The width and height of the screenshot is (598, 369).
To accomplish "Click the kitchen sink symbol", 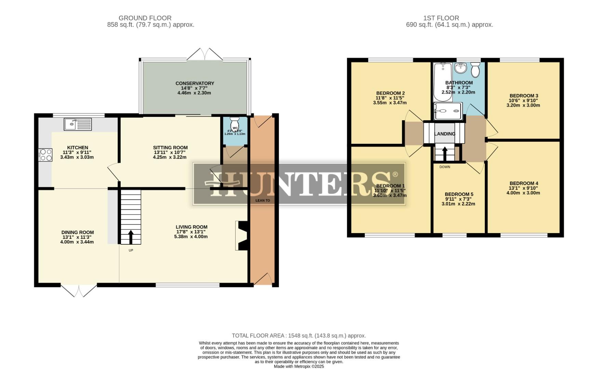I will coord(78,124).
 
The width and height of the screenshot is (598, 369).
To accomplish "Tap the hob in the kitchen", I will coord(45,155).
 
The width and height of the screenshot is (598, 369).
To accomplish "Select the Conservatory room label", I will coord(195,83).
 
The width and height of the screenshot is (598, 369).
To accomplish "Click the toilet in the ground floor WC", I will coord(235,123).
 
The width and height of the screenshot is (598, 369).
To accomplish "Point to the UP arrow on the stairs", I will coord(131,236).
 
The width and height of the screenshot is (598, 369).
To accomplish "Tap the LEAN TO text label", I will coord(263,201).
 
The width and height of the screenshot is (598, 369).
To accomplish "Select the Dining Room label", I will coord(77,232).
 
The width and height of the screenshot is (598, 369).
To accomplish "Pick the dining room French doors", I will coord(79,290).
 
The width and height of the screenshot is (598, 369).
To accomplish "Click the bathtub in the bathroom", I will coord(443,82).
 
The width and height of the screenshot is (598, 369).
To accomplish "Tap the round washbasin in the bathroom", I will coord(461,68).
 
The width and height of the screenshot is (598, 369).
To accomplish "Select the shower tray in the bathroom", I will coord(448,111).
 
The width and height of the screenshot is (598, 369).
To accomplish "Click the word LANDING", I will coord(444,134).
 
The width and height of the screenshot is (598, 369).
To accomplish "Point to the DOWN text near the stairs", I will coord(444,167).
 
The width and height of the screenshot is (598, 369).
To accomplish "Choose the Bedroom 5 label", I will coord(459,194).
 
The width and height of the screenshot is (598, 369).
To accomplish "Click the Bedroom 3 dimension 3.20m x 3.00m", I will coord(523,105).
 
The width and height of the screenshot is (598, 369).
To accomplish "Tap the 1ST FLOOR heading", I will coord(441,18).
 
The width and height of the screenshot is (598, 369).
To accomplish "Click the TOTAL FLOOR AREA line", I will coord(298,336).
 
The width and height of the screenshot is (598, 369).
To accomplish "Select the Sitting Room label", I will coord(170,148).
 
